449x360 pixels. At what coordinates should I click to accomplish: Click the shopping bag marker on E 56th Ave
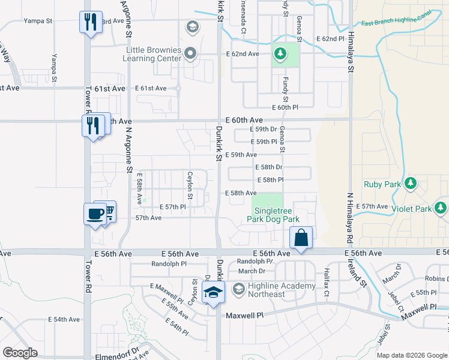click(x=301, y=237)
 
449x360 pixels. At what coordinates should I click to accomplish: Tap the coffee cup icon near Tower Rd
click(x=95, y=214)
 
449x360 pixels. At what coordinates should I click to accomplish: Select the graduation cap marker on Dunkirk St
click(x=213, y=293)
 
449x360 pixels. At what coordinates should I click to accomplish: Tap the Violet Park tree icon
click(x=441, y=208)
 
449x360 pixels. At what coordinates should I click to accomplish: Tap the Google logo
click(x=20, y=352)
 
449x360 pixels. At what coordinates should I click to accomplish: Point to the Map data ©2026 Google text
click(x=411, y=355)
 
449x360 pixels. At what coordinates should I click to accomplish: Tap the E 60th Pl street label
click(x=285, y=107)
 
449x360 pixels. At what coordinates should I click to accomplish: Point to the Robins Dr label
click(x=436, y=279)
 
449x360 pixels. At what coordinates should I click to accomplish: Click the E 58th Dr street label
click(x=268, y=167)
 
